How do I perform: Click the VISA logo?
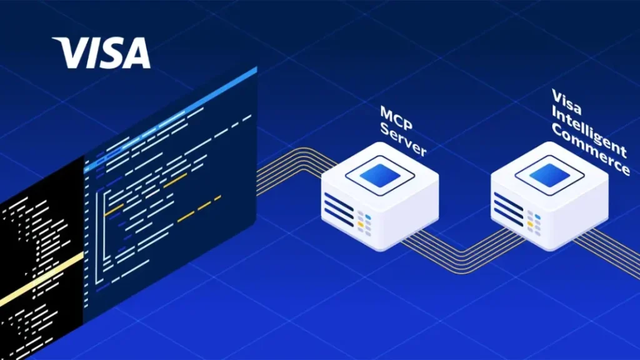(101, 52)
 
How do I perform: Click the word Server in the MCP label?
(403, 139)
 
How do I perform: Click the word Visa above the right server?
(567, 102)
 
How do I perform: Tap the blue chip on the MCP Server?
(380, 176)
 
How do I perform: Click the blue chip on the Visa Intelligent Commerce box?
(549, 176)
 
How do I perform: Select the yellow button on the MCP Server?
(361, 224)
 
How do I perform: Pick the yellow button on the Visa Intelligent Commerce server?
(530, 224)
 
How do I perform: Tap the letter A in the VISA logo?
(136, 52)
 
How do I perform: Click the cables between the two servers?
(463, 251)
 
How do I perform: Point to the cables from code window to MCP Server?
(293, 169)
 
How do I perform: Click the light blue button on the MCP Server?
(368, 217)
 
